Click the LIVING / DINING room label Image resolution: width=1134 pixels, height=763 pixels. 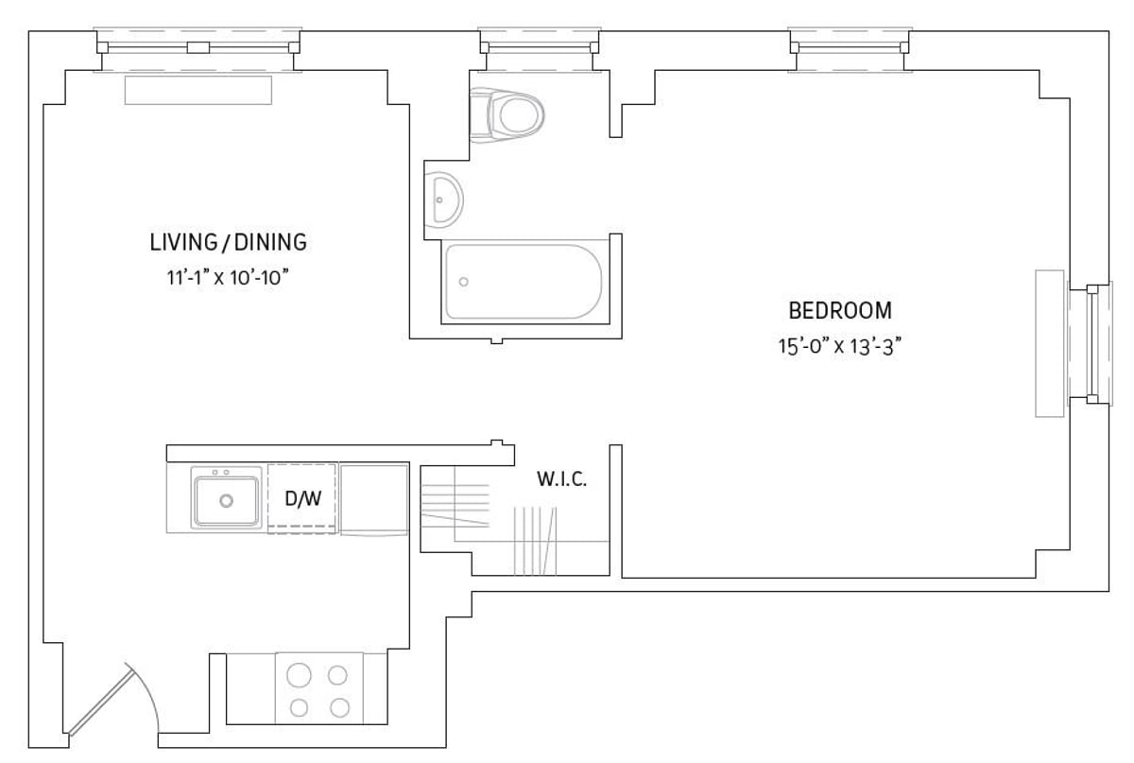(x=228, y=242)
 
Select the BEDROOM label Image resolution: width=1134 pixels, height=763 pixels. (x=839, y=310)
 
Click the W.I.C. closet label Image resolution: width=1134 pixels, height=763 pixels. (x=562, y=479)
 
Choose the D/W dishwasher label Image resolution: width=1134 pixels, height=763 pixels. (x=302, y=498)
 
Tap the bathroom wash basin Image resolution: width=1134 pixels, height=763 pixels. (x=443, y=199)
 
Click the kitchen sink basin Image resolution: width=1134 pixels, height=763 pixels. (x=226, y=500)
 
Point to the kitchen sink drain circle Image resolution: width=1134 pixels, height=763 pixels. (x=226, y=501)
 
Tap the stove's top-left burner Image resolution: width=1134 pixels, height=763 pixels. (x=299, y=675)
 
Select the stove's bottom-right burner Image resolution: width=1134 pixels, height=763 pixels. (x=337, y=707)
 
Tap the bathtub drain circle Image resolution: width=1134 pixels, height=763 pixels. (x=463, y=282)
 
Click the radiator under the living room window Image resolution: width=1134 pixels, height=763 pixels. (x=198, y=91)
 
